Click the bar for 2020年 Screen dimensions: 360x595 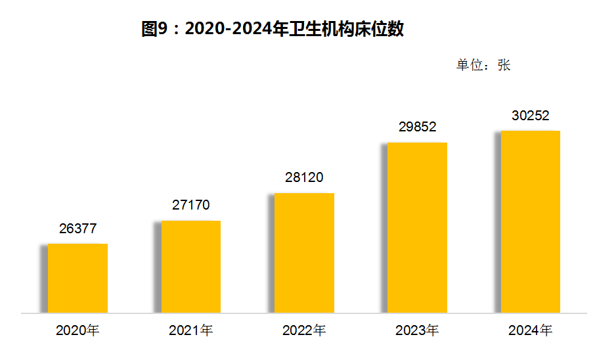click(77, 278)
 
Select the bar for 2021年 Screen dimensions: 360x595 click(190, 267)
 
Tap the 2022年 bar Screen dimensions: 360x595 click(303, 253)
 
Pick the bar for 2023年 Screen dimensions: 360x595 click(416, 227)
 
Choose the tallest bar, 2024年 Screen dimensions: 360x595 click(530, 221)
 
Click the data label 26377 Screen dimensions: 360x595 click(78, 229)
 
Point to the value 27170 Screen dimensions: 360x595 click(191, 205)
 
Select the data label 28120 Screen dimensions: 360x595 click(304, 177)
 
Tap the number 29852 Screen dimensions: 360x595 click(417, 127)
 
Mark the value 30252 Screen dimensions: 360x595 click(530, 116)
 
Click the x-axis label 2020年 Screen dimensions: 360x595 click(77, 330)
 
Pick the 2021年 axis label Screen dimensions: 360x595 click(190, 330)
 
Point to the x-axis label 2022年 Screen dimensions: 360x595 click(304, 330)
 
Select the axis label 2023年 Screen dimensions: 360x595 click(417, 330)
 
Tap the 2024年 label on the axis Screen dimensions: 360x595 click(530, 330)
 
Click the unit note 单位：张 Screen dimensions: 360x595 click(483, 65)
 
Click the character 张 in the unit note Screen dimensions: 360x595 click(504, 65)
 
